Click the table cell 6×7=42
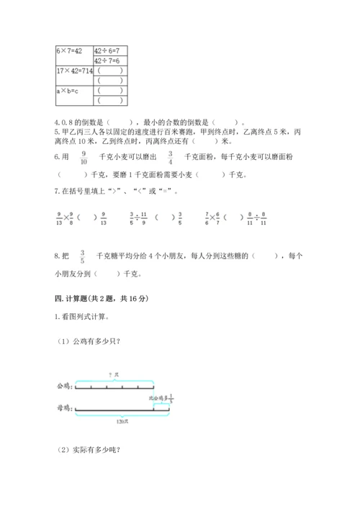71,51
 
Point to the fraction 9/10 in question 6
84,158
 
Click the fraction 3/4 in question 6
170,158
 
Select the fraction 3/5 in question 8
82,257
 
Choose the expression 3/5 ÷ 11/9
138,218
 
